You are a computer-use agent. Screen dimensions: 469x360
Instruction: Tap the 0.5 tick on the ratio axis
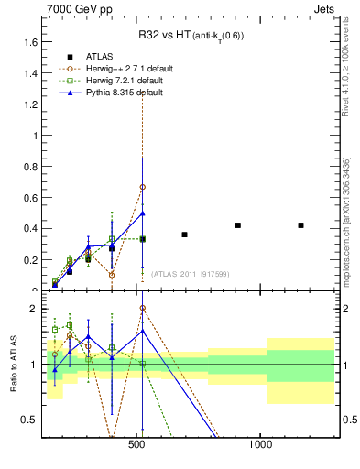[x=31, y=420]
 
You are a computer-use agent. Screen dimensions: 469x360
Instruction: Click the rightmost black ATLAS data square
[x=300, y=225]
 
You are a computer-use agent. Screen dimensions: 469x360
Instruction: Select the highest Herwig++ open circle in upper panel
[x=142, y=187]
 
